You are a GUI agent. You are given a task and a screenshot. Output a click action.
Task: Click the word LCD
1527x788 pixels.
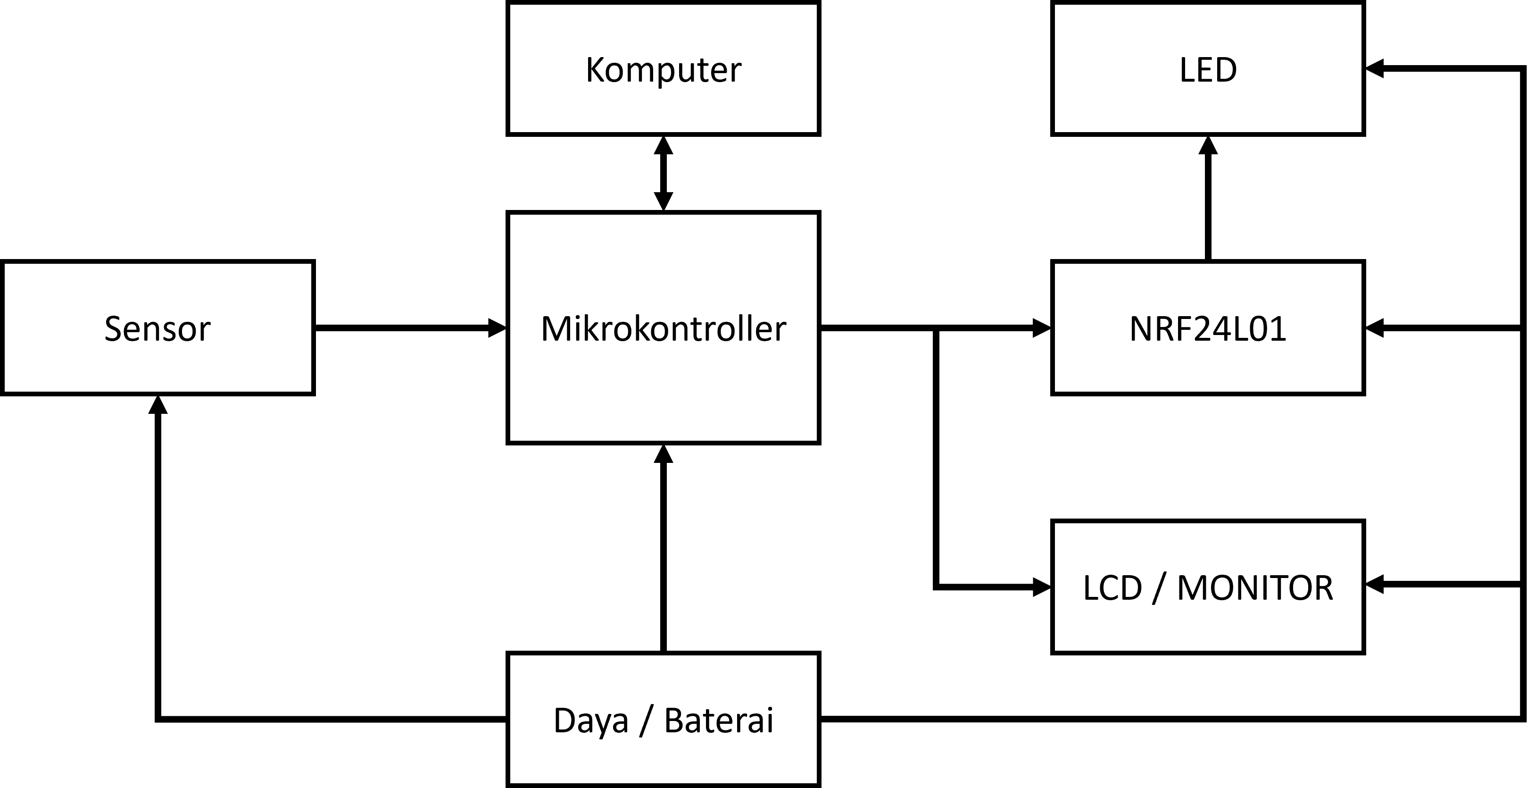1112,588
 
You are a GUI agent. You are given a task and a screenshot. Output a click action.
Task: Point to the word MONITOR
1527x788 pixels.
1255,588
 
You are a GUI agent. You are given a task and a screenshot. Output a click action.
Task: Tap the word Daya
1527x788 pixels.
590,721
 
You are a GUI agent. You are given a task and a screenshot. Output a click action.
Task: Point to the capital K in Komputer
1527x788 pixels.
595,70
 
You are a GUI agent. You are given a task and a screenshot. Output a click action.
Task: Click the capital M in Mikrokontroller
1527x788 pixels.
556,329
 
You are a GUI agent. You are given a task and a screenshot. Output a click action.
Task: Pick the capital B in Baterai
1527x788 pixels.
674,721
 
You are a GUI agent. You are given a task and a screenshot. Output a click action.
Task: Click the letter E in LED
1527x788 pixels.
1207,70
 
